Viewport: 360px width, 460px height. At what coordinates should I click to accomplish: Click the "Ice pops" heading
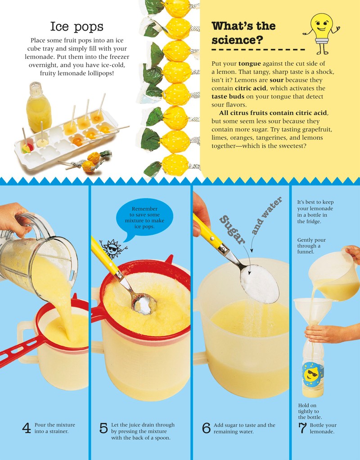76,27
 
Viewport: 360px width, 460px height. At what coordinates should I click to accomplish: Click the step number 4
27,428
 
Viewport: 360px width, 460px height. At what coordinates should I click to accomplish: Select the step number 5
103,428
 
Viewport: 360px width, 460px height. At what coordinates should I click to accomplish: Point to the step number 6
206,428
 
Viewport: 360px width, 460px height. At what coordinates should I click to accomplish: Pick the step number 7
302,428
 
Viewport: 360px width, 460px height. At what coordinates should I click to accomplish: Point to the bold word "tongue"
249,63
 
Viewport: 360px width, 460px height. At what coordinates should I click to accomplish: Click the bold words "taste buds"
228,96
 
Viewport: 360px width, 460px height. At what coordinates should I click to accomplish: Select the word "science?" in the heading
237,40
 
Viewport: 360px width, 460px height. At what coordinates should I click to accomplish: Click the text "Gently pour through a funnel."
311,246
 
